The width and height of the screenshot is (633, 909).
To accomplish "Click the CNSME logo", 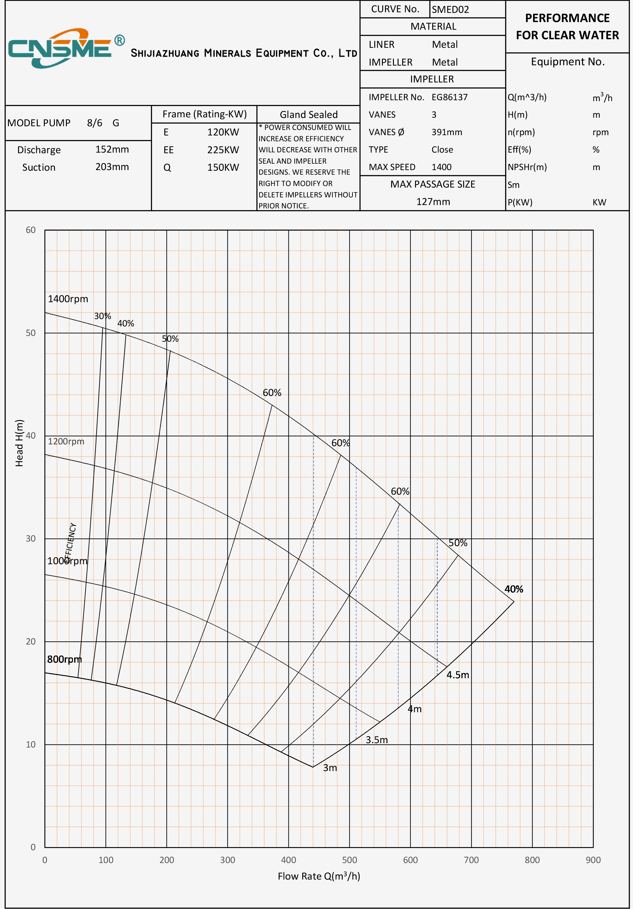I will click(65, 48).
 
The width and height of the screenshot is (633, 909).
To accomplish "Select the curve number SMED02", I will click(450, 10).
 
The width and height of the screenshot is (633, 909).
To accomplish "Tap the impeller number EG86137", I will click(449, 97).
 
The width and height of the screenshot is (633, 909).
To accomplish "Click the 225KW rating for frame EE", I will click(223, 150).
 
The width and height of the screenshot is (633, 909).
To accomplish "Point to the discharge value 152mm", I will click(112, 149).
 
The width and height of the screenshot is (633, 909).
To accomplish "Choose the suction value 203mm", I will click(112, 167).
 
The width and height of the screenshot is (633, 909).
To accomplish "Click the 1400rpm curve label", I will click(68, 299).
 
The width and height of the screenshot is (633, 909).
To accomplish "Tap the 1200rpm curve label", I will click(66, 441).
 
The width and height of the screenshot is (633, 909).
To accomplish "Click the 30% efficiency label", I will click(102, 316).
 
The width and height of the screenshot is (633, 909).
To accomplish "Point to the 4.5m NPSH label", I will click(458, 675).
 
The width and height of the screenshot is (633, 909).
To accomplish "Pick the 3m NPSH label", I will click(330, 768).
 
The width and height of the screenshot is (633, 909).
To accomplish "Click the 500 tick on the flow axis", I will click(349, 860).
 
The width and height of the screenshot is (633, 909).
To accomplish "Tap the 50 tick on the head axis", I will click(30, 333).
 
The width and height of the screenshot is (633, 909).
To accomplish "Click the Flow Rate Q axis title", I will click(319, 877).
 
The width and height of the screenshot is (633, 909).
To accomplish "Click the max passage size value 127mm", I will click(433, 202).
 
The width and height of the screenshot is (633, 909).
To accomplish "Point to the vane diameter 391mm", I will click(447, 132).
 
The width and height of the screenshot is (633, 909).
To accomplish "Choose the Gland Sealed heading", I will click(308, 114).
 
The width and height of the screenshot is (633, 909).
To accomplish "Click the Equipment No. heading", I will click(567, 62).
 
